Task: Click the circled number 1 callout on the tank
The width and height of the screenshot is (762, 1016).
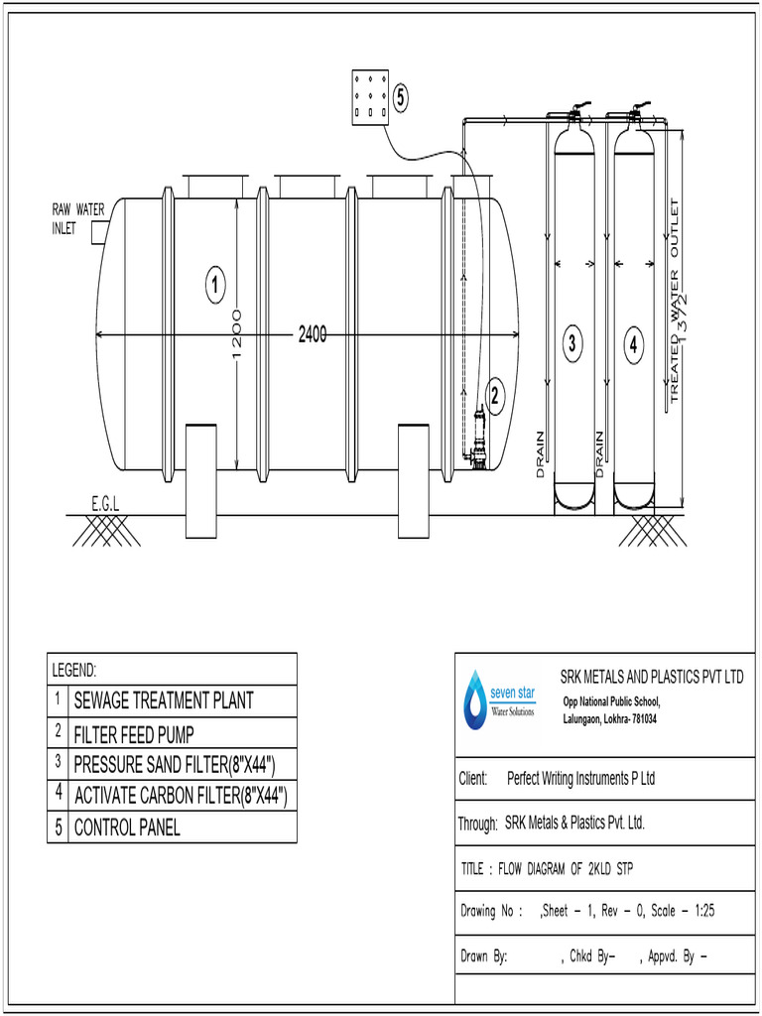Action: (x=215, y=286)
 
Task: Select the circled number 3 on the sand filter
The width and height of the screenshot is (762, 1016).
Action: (x=571, y=345)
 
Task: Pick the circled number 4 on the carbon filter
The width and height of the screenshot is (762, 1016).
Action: (x=634, y=345)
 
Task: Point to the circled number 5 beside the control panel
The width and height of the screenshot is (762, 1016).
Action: (x=401, y=97)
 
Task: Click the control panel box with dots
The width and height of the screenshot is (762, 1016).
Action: (x=370, y=97)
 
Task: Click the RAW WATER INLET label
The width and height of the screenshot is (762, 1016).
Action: (x=77, y=218)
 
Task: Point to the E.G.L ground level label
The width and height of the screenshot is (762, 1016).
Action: (x=105, y=505)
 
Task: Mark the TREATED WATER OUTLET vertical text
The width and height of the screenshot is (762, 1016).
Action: (x=675, y=302)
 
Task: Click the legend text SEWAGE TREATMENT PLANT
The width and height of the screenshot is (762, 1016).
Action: (x=164, y=700)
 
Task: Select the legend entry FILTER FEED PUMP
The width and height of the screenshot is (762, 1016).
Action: (x=134, y=735)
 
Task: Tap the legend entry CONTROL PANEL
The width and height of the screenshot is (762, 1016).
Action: (x=127, y=827)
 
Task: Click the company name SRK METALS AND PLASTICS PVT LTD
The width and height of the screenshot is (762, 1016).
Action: (x=651, y=678)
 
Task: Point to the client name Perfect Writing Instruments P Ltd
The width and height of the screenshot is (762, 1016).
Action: (x=580, y=779)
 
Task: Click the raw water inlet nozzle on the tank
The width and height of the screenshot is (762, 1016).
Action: (x=99, y=232)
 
